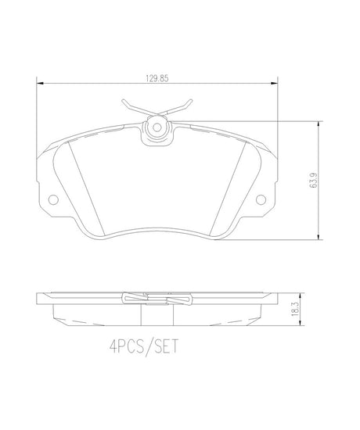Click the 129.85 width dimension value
[x=157, y=78]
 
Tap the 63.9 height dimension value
[x=314, y=180]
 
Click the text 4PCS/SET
[x=144, y=347]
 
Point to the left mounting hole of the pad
[x=53, y=199]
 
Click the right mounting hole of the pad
[x=261, y=199]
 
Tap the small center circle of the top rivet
[x=157, y=127]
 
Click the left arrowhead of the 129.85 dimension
[x=40, y=83]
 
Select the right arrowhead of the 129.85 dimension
[x=274, y=83]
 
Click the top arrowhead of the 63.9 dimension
[x=319, y=125]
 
